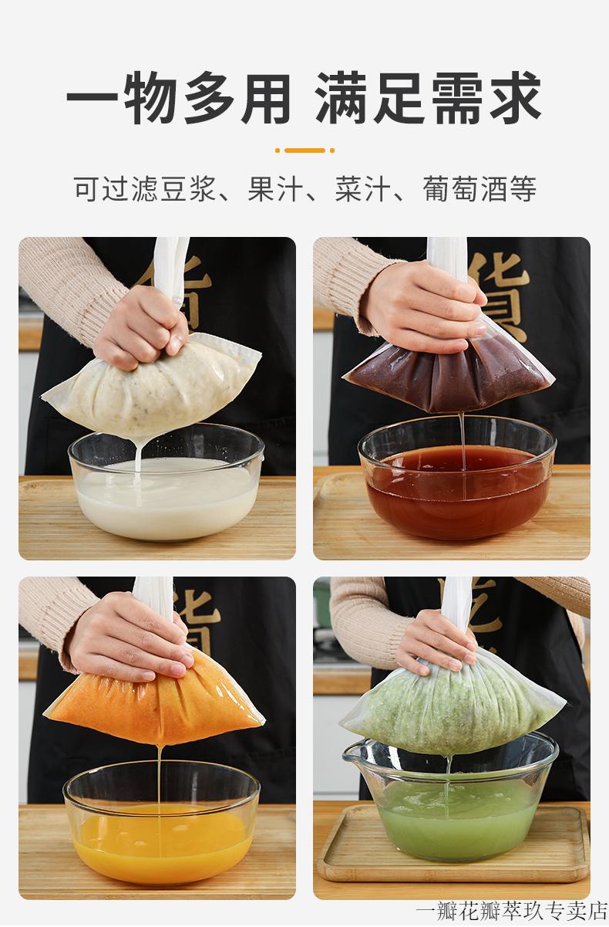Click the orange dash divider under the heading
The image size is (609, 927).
(x=304, y=151)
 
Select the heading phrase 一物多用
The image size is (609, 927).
(x=178, y=99)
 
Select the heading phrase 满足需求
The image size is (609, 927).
(x=429, y=99)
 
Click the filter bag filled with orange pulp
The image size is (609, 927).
(x=154, y=702)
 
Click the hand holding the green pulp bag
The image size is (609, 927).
(x=436, y=641)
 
